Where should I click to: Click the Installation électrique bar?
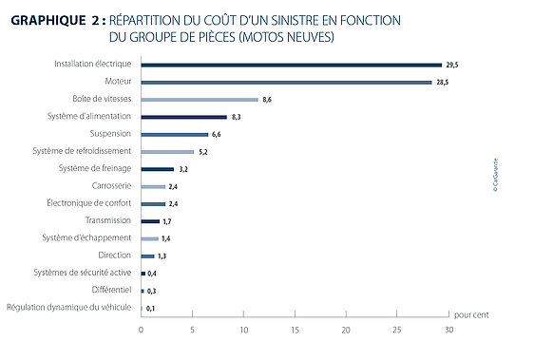point(292,66)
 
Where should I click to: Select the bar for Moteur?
point(286,83)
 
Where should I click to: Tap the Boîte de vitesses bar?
point(200,100)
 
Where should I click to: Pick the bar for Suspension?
point(175,134)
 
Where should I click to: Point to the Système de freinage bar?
point(158,169)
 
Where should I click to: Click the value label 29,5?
point(452,65)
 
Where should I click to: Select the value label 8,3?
point(237,117)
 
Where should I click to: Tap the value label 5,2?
point(203,152)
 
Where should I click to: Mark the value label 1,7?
point(167,221)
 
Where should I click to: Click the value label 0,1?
point(150,309)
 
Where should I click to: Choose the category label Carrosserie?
point(111,185)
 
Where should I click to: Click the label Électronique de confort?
point(89,202)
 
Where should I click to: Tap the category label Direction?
point(115,255)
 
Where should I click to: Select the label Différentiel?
point(111,290)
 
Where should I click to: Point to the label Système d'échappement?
point(86,237)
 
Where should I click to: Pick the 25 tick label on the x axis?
point(397,330)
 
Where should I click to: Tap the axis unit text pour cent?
point(471,314)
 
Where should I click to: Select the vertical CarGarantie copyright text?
point(495,175)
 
